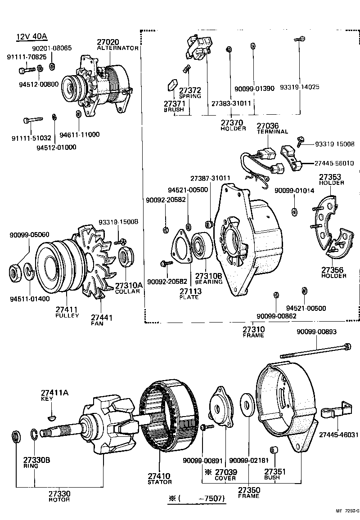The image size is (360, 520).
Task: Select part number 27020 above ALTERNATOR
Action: coord(109,42)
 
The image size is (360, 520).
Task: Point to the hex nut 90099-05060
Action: coord(15,272)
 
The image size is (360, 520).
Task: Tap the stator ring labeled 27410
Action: coord(169,421)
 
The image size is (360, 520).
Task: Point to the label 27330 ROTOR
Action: coord(60,496)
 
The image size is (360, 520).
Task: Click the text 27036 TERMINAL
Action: coord(272,128)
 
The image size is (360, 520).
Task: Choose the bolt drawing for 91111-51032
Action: coord(33,120)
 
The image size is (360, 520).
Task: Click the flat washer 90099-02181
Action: coord(247,403)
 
